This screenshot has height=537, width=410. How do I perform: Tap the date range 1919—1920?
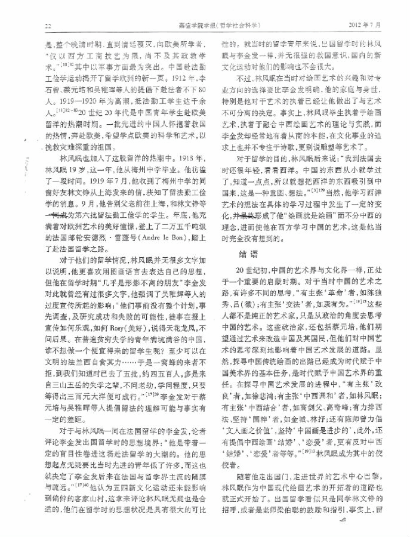pyautogui.click(x=64, y=101)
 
